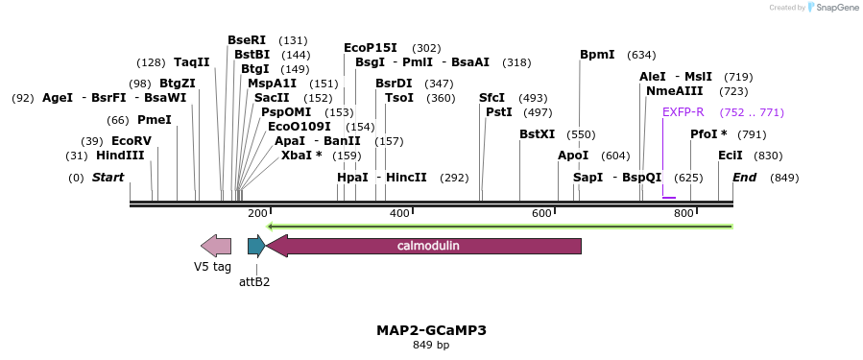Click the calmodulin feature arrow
[x=427, y=246]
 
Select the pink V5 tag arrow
[x=216, y=246]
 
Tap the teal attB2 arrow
[x=256, y=246]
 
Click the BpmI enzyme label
[x=597, y=55]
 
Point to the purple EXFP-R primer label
[x=683, y=112]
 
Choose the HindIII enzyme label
[x=120, y=156]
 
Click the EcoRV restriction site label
[x=132, y=141]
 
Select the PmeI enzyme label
[x=154, y=120]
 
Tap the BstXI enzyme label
[x=537, y=134]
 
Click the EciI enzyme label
[x=730, y=156]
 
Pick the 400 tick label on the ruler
[x=399, y=213]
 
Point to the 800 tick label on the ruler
[x=683, y=213]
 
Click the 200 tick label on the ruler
[x=257, y=213]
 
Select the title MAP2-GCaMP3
[x=431, y=330]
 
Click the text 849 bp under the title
[x=431, y=345]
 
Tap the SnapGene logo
[x=833, y=8]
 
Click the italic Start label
[x=108, y=178]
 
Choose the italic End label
[x=745, y=178]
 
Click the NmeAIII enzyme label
[x=674, y=91]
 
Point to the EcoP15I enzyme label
[x=370, y=48]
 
